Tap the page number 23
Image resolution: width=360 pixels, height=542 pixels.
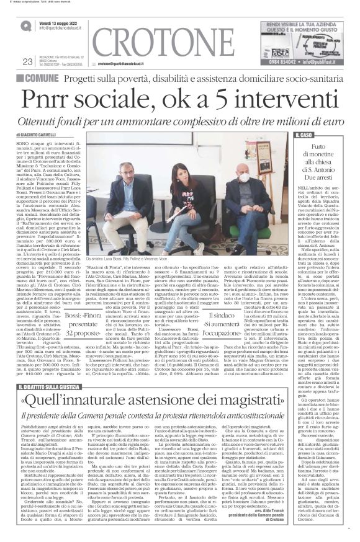pyautogui.click(x=27, y=61)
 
